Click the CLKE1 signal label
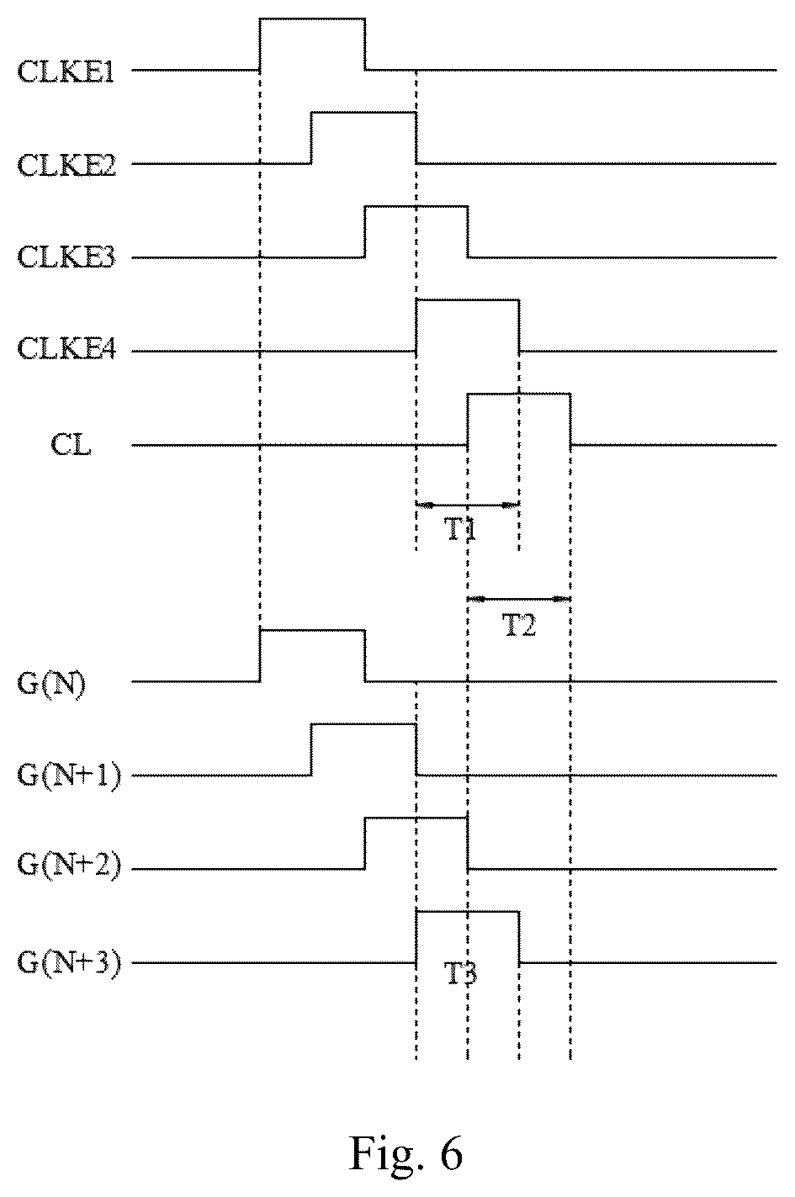pos(66,72)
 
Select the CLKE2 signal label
pos(66,165)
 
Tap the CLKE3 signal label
pos(66,257)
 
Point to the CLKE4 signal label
pos(66,350)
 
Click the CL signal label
pos(71,444)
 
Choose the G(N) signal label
pos(51,684)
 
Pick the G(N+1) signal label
pos(69,776)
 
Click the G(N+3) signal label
pos(69,962)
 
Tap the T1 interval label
pos(460,531)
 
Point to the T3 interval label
pos(460,973)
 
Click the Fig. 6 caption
pos(406,1152)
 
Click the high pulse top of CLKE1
pos(313,19)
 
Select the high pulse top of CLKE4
pos(468,300)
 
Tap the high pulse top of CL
pos(519,394)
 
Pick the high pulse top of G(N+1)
pos(363,724)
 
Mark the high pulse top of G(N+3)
pos(468,911)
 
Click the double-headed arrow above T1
pos(468,505)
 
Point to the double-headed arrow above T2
pos(519,599)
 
